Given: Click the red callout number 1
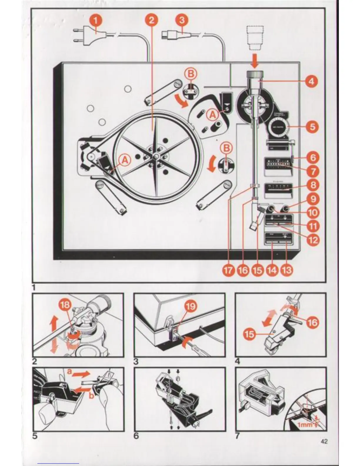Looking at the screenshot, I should coord(96,21).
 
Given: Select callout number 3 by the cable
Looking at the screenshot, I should coord(182,21).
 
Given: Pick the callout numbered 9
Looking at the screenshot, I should coord(313,199).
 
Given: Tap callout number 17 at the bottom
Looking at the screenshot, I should coord(229,270).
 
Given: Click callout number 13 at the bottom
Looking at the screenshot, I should coord(287,270).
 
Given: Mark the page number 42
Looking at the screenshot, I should coord(324,441).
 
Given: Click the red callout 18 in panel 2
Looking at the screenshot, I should coord(65,305).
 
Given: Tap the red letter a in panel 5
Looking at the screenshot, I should coord(69,372).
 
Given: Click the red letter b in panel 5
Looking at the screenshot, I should coord(91,396).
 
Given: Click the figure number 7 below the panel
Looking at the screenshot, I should coord(237,435).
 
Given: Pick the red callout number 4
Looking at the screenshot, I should coord(311,81).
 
